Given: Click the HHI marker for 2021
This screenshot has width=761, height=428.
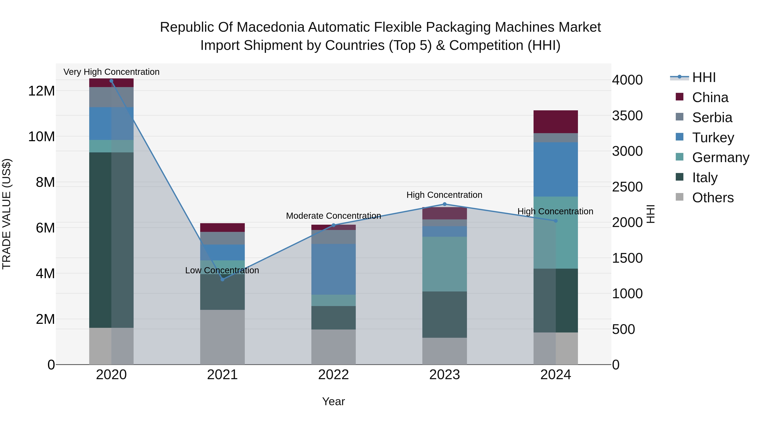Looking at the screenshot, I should [x=222, y=279].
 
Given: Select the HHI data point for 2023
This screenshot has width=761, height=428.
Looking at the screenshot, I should [x=445, y=204].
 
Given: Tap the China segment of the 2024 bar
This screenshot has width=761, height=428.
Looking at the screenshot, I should [x=555, y=122].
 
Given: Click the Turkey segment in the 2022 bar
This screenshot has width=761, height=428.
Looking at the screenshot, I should [x=334, y=269].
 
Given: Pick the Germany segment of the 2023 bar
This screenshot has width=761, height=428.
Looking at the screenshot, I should [x=445, y=264].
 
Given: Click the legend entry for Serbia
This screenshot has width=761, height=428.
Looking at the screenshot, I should [x=712, y=118].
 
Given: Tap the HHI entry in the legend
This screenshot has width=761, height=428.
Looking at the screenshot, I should [x=704, y=77].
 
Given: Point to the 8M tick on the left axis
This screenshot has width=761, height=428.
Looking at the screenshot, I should [x=45, y=182].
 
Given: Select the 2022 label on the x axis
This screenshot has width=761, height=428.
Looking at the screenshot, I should [x=334, y=375].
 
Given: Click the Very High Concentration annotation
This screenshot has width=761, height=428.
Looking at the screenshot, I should [x=111, y=72].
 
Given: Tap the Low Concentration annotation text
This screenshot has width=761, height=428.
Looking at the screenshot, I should [x=222, y=270].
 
